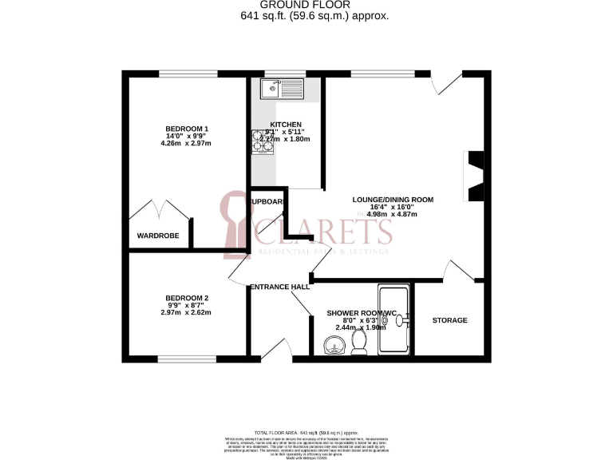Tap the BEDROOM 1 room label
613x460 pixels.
(x=187, y=129)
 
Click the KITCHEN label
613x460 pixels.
(x=286, y=125)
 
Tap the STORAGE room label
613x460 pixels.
(x=449, y=320)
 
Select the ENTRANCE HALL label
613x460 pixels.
(x=279, y=287)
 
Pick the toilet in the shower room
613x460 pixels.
(x=358, y=342)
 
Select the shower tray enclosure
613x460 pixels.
(x=394, y=319)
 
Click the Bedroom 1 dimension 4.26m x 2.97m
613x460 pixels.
(x=187, y=145)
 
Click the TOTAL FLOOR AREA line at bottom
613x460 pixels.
(x=306, y=431)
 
